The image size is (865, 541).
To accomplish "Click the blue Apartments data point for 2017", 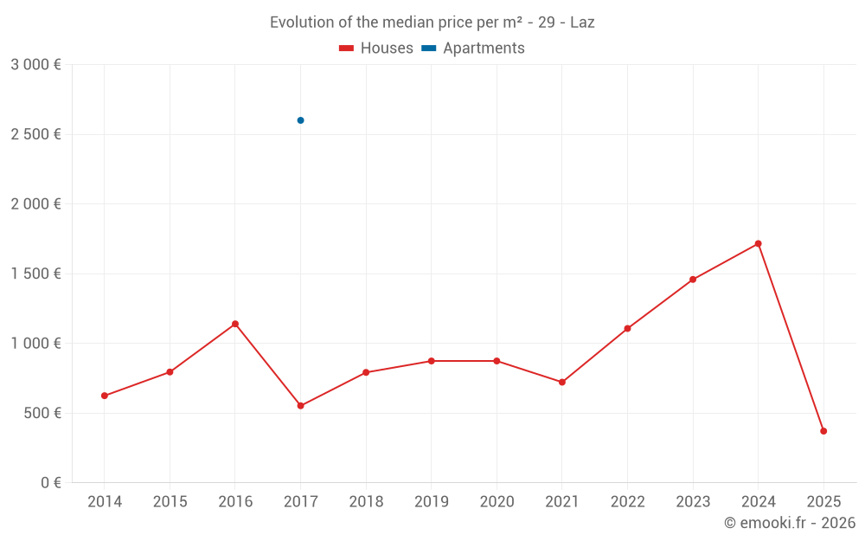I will click(300, 120).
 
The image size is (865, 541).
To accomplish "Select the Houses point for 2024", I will click(758, 243).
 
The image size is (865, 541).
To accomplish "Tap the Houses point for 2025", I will click(823, 431).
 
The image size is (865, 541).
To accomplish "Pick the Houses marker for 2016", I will click(235, 324).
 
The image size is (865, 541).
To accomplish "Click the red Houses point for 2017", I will click(300, 406).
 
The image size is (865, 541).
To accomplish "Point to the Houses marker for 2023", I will click(693, 280).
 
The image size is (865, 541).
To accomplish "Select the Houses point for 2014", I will click(104, 396).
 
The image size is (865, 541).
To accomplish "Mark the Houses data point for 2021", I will click(562, 382).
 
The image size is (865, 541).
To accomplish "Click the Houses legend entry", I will click(376, 48).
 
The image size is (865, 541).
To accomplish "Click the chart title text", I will click(432, 23).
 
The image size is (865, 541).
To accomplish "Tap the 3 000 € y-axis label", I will click(35, 65).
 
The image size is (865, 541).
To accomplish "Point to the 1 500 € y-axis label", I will click(35, 274).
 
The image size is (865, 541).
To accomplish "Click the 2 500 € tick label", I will click(35, 134).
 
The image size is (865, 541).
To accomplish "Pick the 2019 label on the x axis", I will click(431, 502).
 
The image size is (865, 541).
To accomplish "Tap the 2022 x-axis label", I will click(627, 502).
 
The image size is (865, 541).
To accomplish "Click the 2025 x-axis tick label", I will click(823, 502).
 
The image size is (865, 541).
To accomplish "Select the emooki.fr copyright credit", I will click(789, 523).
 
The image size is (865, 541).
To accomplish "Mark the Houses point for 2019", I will click(431, 361).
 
